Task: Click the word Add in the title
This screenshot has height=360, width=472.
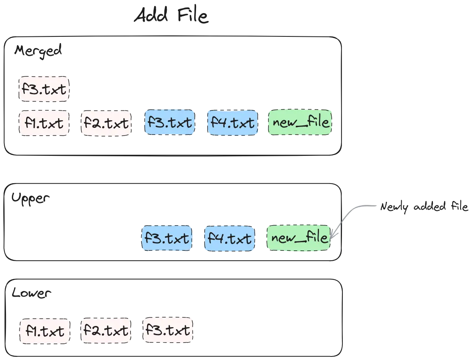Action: tap(151, 15)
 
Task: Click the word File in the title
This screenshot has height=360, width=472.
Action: tap(193, 15)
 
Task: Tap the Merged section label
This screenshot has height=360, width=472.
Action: tap(38, 51)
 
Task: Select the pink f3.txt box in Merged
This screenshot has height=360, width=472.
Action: tap(44, 89)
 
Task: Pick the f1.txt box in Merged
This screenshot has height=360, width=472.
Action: tap(44, 123)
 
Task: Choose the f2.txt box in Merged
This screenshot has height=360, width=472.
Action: tap(106, 123)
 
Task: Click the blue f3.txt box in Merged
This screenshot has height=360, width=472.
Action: tap(170, 122)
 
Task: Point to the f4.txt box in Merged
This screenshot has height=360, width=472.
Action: tap(233, 122)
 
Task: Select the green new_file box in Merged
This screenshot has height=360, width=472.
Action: tap(300, 122)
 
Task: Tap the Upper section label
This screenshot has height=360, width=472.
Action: tap(30, 199)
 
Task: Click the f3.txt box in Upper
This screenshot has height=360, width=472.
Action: tap(167, 238)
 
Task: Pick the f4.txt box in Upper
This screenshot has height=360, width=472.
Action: tap(230, 238)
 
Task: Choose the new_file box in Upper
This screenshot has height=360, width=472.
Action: tap(298, 238)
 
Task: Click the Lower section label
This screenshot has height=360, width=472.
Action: tap(31, 292)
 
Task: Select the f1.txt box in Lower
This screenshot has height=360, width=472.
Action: tap(45, 331)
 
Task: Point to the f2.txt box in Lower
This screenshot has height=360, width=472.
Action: tap(106, 330)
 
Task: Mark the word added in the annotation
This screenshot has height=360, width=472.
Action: tap(430, 207)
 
